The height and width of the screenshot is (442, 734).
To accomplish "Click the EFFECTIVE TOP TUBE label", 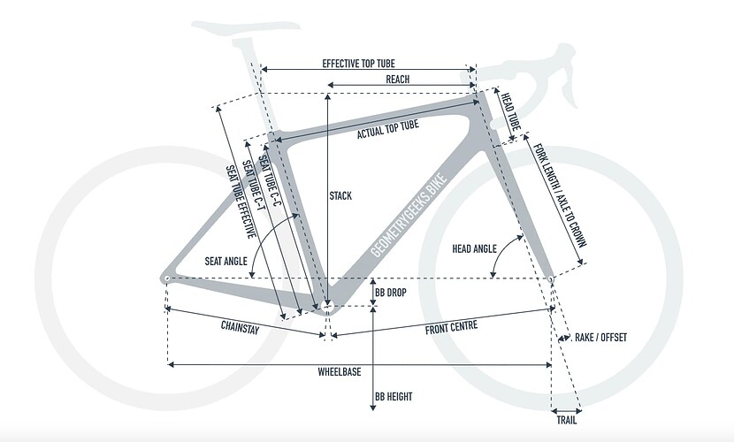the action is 358,63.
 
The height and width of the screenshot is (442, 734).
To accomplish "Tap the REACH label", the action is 397,79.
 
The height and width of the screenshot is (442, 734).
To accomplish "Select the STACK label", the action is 340,195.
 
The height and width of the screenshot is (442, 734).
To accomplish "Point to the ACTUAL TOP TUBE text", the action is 388,130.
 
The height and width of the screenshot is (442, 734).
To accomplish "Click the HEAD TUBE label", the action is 511,111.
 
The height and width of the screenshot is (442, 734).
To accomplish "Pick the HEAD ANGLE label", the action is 474,248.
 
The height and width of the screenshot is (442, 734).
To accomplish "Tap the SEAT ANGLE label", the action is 226,261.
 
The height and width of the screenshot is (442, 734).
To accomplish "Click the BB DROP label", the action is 390,293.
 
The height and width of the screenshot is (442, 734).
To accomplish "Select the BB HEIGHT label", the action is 394,397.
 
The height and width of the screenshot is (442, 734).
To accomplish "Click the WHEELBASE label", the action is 340,372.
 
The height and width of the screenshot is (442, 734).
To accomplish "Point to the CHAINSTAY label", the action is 241,326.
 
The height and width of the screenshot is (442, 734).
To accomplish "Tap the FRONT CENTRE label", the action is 451,327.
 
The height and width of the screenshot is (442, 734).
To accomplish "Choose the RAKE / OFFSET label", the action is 600,337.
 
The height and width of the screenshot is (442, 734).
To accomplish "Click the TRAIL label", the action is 566,420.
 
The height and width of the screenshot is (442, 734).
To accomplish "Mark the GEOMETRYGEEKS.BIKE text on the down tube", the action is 409,216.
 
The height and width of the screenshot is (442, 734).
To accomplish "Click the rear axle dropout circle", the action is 167,278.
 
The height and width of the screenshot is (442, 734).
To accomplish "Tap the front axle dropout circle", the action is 551,279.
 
